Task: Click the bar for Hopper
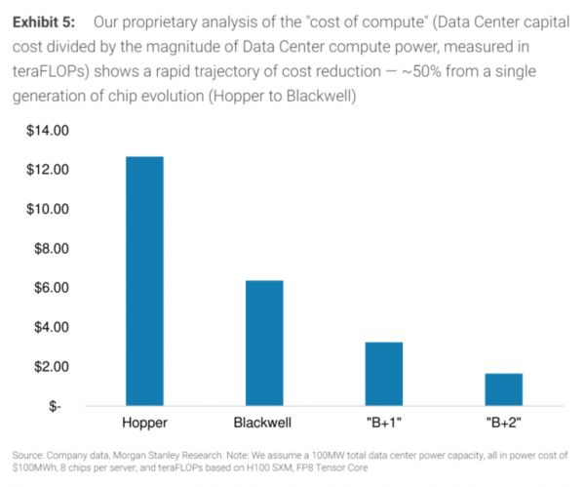[144, 280]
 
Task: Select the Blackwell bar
[263, 343]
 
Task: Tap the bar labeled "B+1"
[383, 373]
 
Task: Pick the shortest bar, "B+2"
[503, 388]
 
